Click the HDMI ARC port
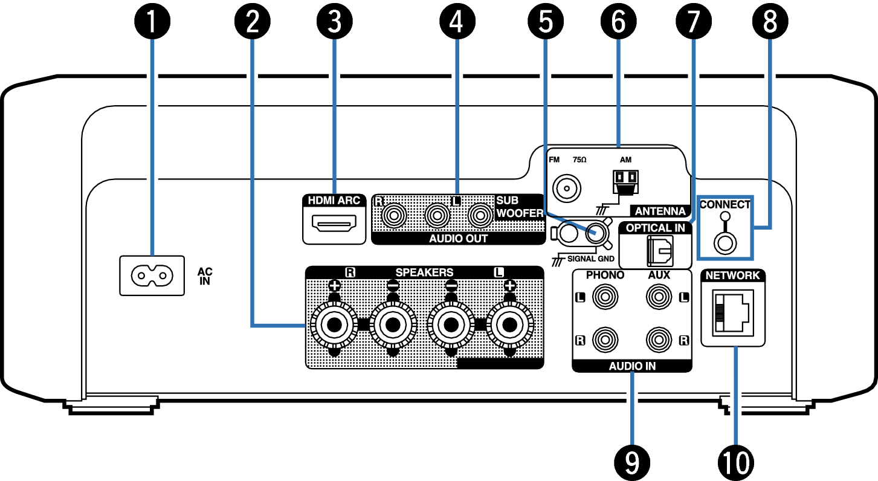tap(334, 222)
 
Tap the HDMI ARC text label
tap(334, 201)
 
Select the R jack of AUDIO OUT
tap(394, 215)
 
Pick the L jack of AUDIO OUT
tap(437, 215)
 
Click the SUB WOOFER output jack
tap(480, 215)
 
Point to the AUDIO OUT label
tap(458, 239)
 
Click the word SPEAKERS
tap(424, 273)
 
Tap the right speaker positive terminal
tap(334, 324)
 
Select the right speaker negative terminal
tap(393, 324)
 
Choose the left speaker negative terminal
tap(451, 324)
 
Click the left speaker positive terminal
tap(509, 324)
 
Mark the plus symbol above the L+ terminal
tap(509, 286)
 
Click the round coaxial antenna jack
tap(566, 189)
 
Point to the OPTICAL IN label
tap(655, 228)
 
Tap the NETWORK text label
tap(732, 276)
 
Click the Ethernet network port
tap(732, 312)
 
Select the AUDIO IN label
tap(632, 366)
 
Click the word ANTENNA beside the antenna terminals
tap(660, 211)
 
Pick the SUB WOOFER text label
tap(520, 207)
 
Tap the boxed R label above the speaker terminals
tap(350, 273)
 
